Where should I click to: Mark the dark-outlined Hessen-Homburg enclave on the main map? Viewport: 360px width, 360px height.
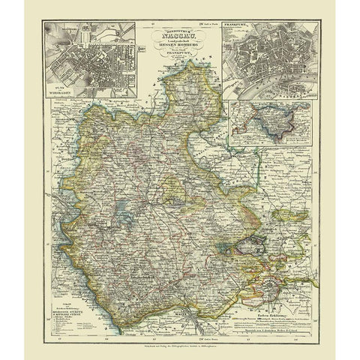point(251,244)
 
